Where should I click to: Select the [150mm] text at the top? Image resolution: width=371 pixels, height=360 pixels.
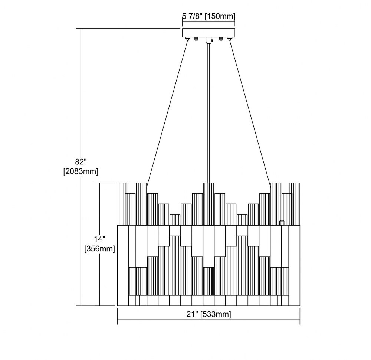click(220, 16)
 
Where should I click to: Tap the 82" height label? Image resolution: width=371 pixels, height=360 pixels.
click(81, 162)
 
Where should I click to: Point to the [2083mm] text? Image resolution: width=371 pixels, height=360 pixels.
click(81, 171)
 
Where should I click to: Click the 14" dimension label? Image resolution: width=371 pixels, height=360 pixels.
click(99, 239)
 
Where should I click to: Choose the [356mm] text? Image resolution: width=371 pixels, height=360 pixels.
click(99, 249)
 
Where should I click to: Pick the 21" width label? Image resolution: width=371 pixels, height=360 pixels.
click(192, 314)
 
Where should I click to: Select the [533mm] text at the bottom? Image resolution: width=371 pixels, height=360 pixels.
click(216, 314)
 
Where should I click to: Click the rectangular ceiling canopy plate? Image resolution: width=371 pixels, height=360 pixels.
click(209, 33)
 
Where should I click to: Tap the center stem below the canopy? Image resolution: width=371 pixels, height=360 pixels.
click(209, 113)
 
